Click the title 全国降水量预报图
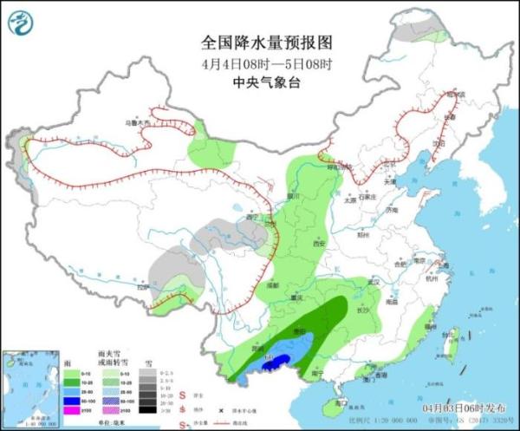pos(260,42)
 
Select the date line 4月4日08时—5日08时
pos(260,62)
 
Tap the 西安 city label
pos(317,243)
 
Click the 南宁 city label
pos(328,374)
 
